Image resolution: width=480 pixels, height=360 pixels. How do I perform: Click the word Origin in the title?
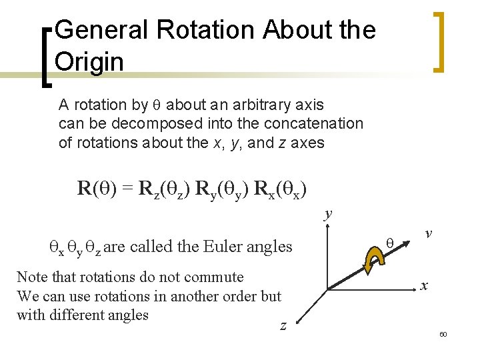[x=89, y=62]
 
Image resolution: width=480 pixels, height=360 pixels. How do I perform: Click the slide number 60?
[x=443, y=333]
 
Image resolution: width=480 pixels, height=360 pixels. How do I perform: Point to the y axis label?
[x=327, y=214]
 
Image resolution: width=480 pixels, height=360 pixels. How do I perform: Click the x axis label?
[x=424, y=285]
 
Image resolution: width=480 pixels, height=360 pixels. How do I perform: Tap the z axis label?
[x=283, y=325]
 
